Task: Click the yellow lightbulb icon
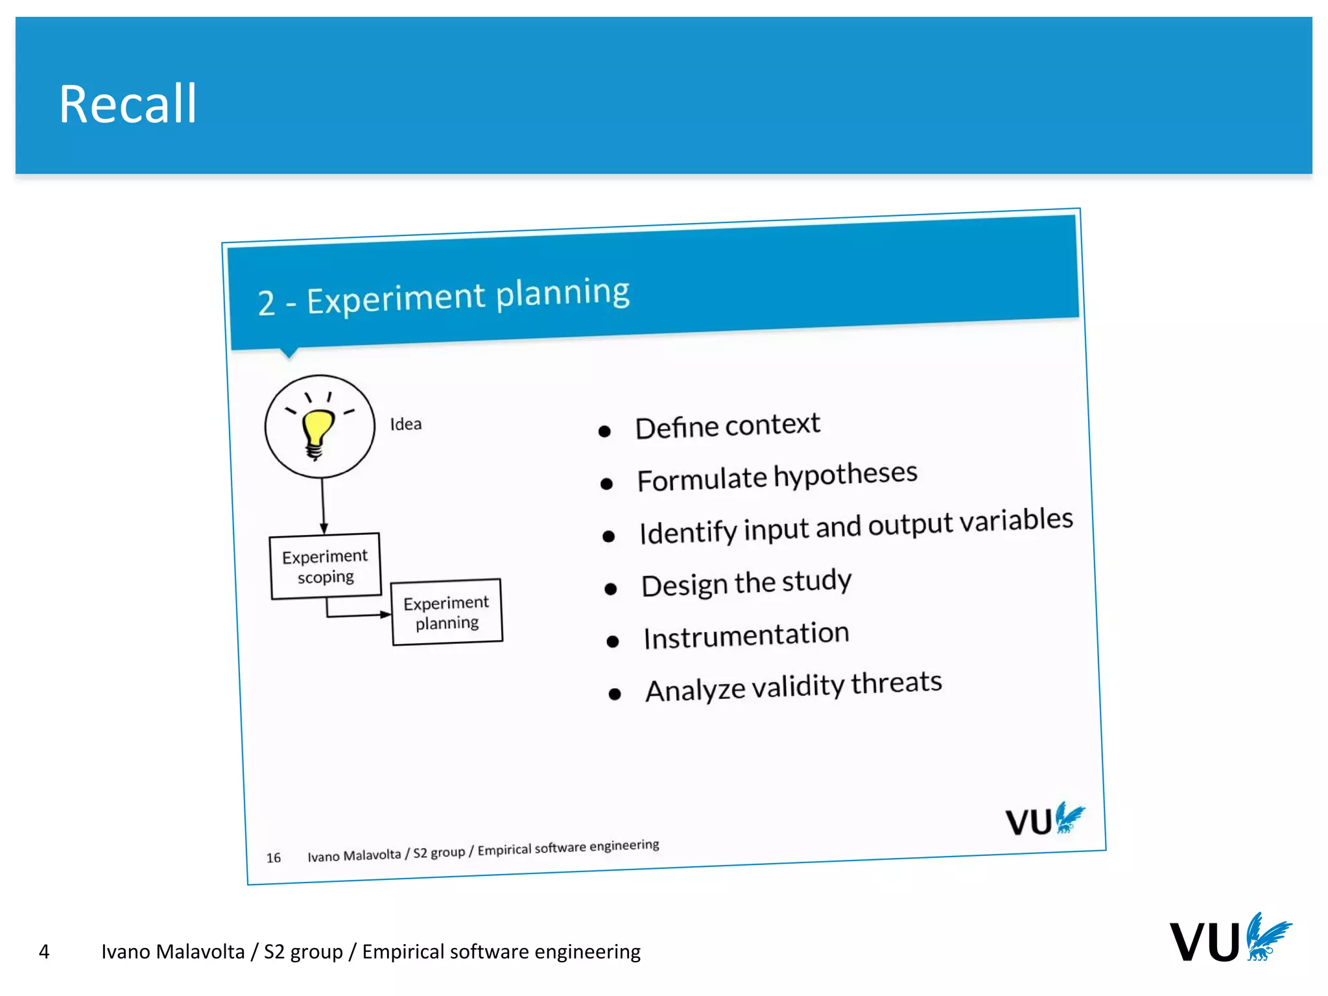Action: coord(318,431)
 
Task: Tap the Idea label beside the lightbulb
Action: coord(406,424)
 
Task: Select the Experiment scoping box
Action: coord(325,566)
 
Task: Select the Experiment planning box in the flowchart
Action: coord(447,612)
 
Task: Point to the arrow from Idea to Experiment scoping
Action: coord(323,506)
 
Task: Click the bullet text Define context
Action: coord(728,426)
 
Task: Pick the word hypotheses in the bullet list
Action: coord(846,475)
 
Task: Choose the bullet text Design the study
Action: coord(746,583)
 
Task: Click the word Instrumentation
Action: coord(746,635)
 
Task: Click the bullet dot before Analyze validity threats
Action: coord(615,694)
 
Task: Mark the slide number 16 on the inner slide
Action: coord(274,858)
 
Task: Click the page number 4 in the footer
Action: coord(44,951)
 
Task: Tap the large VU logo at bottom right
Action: coord(1229,939)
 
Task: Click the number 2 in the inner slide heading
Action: coord(266,303)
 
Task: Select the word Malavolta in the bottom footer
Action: coord(200,951)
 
